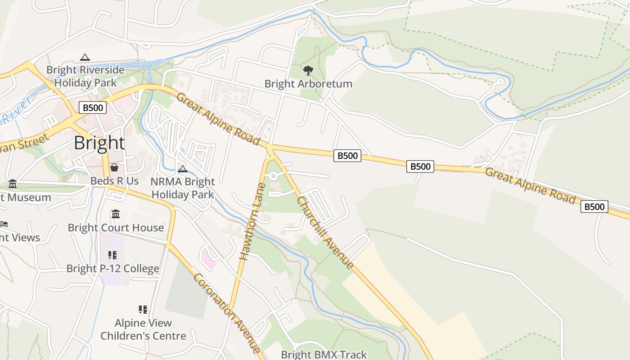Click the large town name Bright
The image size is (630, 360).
click(x=99, y=143)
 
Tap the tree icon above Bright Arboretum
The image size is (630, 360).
click(x=308, y=70)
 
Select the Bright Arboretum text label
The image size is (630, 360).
click(x=308, y=84)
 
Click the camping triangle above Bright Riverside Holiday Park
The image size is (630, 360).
click(x=85, y=57)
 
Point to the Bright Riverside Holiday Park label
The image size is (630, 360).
click(x=85, y=76)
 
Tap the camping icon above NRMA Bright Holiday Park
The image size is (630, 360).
click(x=182, y=169)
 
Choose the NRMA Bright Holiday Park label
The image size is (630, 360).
click(x=182, y=188)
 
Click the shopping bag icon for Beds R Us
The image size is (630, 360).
click(x=114, y=167)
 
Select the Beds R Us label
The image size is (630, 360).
click(x=114, y=181)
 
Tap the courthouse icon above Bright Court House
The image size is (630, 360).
click(x=116, y=214)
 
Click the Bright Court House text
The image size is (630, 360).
click(x=116, y=228)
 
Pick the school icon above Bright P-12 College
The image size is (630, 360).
click(x=112, y=255)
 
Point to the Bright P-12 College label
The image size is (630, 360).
click(x=112, y=269)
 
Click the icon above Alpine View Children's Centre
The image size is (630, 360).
click(x=143, y=309)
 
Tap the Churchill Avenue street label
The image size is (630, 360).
click(x=326, y=233)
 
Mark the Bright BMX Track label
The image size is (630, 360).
click(x=324, y=355)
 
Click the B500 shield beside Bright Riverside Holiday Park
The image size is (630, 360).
click(x=93, y=108)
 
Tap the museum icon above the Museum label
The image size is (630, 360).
click(x=12, y=184)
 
